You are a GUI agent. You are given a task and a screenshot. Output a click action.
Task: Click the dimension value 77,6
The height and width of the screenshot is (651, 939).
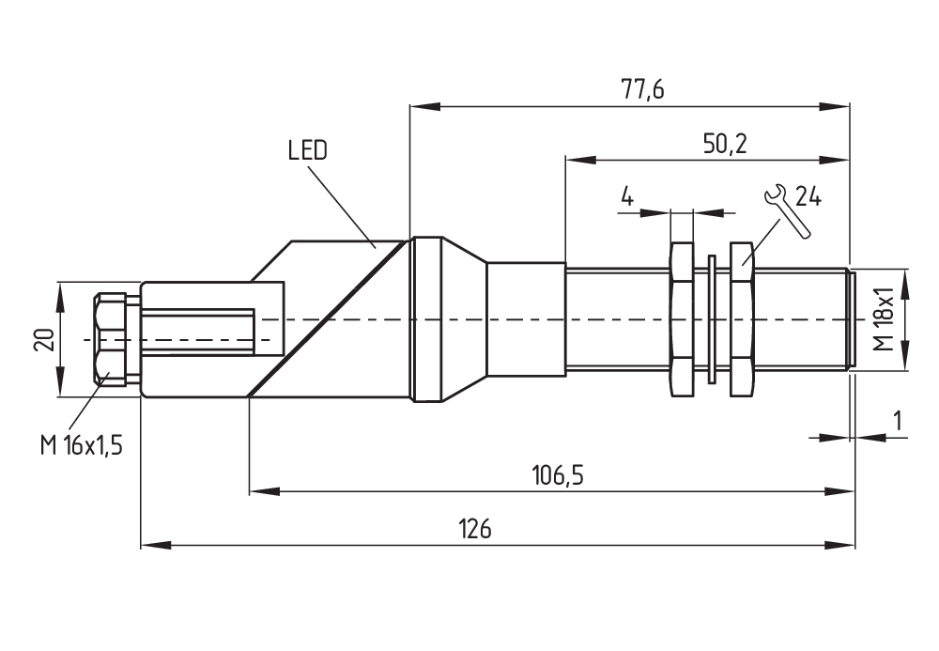(642, 90)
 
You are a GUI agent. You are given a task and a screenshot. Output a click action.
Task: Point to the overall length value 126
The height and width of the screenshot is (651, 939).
(476, 529)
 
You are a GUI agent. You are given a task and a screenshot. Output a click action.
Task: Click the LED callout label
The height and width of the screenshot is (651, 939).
(308, 150)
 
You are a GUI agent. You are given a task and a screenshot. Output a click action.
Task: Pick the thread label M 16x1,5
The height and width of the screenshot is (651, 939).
(82, 445)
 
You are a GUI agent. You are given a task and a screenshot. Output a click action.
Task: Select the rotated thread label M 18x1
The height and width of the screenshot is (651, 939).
(883, 319)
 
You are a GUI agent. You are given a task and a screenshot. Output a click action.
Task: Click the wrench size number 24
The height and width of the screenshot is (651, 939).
(808, 196)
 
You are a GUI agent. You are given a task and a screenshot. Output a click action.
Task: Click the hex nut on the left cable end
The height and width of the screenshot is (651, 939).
(111, 338)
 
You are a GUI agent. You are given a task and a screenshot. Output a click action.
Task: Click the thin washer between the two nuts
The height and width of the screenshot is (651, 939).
(712, 319)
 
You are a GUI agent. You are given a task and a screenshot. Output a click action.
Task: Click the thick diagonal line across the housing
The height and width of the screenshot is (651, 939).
(329, 319)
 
